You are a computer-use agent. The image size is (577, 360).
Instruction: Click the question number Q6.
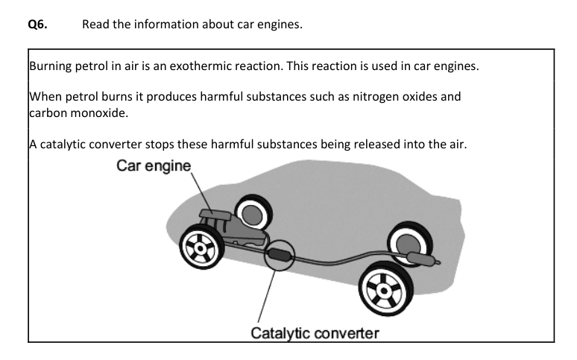(x=37, y=25)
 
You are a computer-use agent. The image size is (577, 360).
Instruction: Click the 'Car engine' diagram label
(x=154, y=165)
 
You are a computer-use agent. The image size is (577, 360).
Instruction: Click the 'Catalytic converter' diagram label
(x=315, y=333)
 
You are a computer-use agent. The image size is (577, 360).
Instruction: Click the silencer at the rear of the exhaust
(x=420, y=259)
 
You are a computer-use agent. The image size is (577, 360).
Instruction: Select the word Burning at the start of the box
(x=51, y=65)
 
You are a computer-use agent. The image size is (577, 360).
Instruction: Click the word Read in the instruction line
(x=96, y=25)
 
